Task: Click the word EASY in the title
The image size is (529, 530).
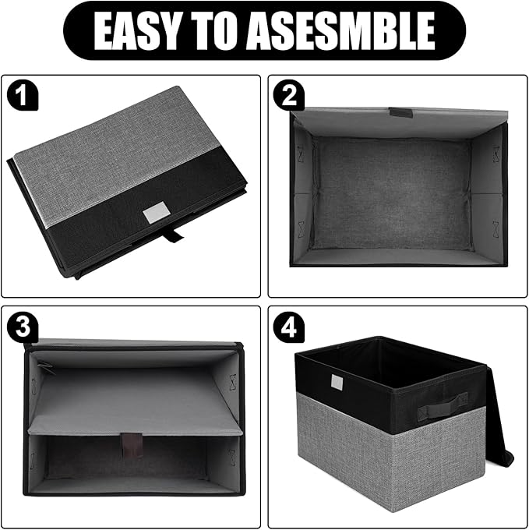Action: coord(134,31)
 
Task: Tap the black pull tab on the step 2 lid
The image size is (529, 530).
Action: coord(400,112)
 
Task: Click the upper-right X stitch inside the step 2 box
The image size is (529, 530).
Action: coord(494,153)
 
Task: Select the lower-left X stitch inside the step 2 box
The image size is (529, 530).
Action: coord(298,226)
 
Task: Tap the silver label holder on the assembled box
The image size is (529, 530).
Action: coord(337,382)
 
